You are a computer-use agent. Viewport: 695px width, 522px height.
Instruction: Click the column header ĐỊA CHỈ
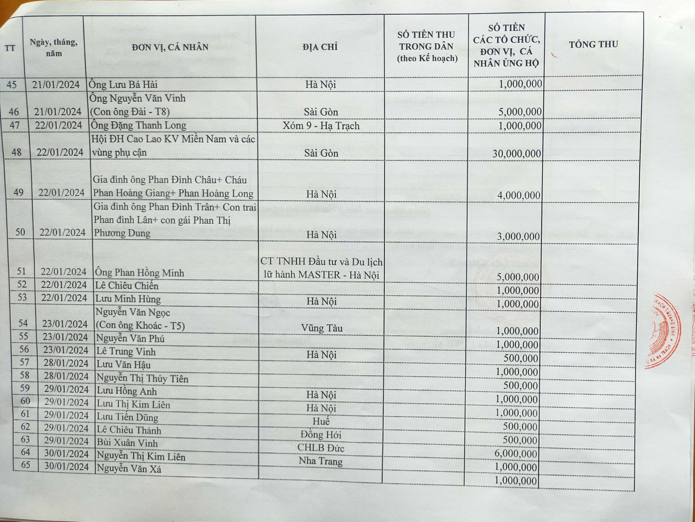pos(320,47)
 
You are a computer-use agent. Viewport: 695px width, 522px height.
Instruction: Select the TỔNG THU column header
pos(593,45)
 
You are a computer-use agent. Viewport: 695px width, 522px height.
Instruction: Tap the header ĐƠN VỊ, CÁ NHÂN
pos(170,47)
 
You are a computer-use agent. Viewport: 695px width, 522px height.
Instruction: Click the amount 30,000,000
pos(517,154)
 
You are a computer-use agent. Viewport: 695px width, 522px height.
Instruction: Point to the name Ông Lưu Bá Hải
pos(123,84)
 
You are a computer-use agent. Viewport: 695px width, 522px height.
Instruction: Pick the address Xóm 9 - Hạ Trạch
pos(321,126)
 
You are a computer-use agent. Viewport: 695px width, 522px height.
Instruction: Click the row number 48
pos(16,152)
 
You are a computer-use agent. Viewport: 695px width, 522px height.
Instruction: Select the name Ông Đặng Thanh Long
pos(138,126)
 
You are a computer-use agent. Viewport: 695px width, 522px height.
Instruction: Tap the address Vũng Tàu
pos(322,328)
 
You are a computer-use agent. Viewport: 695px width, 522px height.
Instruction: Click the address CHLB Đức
pos(321,448)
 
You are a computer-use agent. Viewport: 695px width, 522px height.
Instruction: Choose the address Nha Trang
pos(320,461)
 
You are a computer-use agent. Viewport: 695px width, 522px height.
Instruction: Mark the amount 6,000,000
pos(516,454)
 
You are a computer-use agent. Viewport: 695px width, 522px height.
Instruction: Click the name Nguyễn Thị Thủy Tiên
pos(143,379)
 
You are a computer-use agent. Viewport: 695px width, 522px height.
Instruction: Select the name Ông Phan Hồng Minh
pos(139,273)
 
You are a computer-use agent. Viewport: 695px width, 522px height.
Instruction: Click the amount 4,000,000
pos(519,195)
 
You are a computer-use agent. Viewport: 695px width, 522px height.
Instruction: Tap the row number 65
pos(25,465)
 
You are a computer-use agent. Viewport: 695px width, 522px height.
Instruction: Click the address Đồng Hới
pos(321,435)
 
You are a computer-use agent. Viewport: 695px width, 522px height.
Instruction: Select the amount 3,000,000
pos(518,237)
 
